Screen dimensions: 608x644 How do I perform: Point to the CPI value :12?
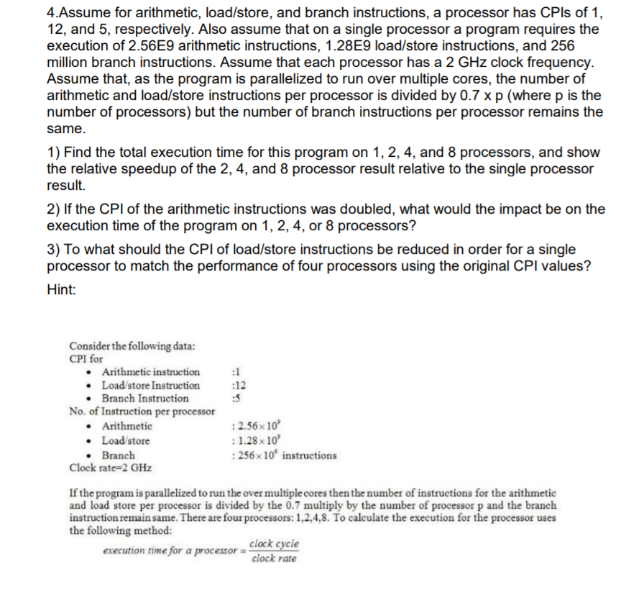coord(231,385)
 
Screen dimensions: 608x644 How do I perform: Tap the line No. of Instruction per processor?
coord(142,412)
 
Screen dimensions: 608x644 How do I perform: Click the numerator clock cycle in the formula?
coord(274,545)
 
